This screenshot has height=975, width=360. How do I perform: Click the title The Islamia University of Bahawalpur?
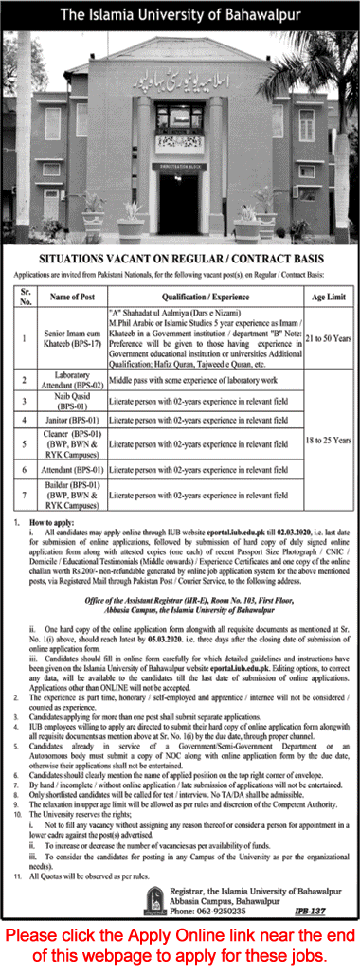tap(179, 14)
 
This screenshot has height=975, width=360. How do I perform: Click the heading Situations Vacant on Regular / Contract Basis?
tap(180, 258)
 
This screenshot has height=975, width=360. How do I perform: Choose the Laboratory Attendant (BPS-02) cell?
tap(70, 380)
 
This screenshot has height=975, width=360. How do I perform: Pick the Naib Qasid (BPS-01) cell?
tap(70, 402)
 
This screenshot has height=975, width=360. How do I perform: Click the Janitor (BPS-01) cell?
tap(70, 423)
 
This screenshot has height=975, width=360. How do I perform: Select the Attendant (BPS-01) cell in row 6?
tap(70, 470)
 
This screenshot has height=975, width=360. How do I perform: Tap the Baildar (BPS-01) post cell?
tap(70, 494)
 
